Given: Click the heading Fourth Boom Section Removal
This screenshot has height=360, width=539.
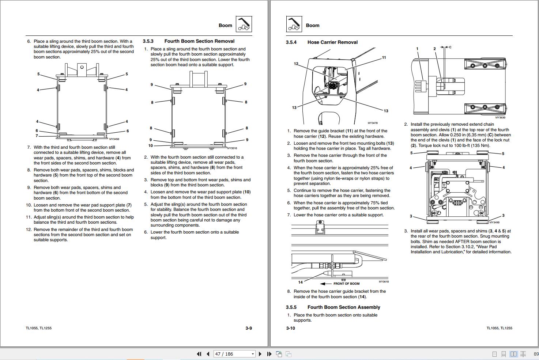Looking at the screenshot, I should tap(199, 41).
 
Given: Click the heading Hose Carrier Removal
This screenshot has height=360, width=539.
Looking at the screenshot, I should tap(332, 42).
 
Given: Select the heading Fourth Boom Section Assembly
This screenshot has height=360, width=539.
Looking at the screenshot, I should tap(343, 307).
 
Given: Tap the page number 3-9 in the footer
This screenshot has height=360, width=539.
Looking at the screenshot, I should tap(249, 328).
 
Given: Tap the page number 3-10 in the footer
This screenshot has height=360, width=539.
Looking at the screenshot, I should tap(290, 328).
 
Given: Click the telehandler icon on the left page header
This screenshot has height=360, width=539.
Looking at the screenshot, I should tap(244, 24).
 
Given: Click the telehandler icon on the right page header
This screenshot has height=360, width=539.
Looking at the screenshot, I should tap(294, 24).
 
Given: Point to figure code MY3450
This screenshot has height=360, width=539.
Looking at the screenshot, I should tap(114, 139).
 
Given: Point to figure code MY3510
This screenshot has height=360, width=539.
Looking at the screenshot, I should tap(232, 148).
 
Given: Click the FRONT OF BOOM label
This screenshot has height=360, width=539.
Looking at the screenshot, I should tap(346, 284).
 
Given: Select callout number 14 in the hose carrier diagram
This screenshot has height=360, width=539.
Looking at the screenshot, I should tap(300, 282).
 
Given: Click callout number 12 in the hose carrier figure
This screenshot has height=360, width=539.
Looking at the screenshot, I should tap(296, 64).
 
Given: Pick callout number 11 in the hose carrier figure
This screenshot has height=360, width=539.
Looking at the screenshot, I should tap(384, 58).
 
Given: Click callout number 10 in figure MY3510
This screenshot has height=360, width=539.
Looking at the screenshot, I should tap(151, 145).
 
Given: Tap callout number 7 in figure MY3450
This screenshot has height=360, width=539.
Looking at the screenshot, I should tap(37, 136).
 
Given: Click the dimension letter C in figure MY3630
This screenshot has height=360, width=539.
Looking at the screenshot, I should tap(450, 47).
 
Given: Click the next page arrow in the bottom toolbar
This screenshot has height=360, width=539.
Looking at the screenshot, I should tap(260, 354).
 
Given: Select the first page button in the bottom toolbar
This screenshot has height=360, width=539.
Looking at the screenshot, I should tap(199, 354).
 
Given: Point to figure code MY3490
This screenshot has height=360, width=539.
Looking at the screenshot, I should tap(494, 223).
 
